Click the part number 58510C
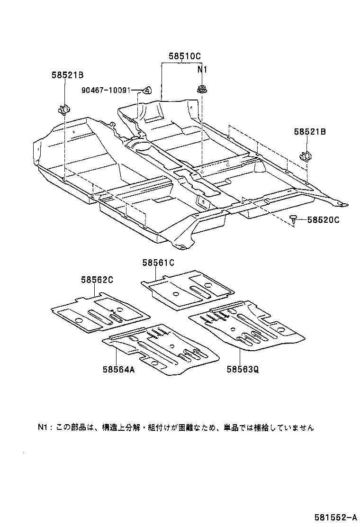[185, 56]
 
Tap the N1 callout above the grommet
[203, 70]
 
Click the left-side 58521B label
[68, 74]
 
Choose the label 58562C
[97, 280]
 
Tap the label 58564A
[118, 370]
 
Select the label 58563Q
[243, 370]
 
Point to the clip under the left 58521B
[63, 110]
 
